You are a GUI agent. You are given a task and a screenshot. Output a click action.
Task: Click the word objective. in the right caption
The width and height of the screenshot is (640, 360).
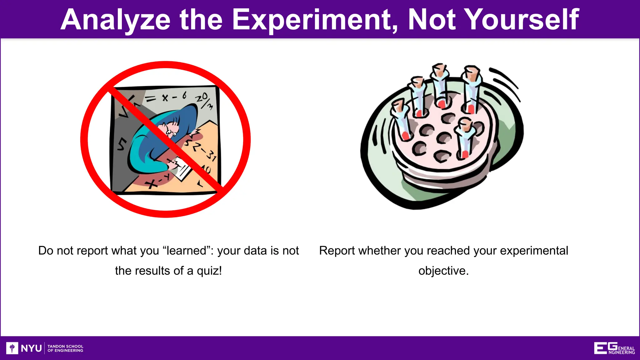443,271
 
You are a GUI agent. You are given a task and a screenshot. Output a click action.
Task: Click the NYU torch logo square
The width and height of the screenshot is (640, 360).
12,348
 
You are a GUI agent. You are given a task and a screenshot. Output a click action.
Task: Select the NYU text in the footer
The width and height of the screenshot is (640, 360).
31,348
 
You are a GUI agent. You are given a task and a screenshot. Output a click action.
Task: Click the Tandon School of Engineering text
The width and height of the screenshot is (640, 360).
65,348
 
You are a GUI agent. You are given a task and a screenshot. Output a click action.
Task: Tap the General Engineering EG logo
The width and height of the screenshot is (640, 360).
614,348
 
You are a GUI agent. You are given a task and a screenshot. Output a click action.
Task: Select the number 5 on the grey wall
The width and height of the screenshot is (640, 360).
122,144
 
